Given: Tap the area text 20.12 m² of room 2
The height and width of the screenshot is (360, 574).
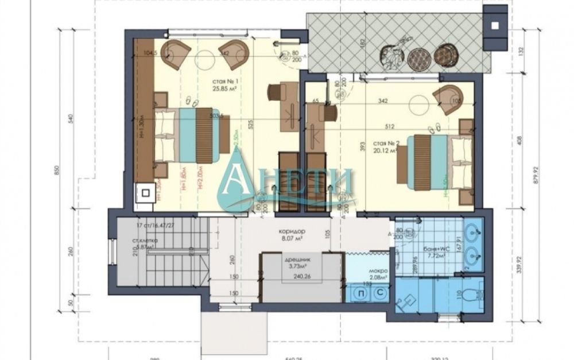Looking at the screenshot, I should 385,151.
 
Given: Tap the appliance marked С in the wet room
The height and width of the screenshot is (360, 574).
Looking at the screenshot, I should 379,292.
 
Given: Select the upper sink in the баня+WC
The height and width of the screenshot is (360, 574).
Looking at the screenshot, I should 474,233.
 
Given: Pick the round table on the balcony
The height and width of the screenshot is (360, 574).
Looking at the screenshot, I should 418,57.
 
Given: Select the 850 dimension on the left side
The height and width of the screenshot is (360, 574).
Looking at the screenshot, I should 56,172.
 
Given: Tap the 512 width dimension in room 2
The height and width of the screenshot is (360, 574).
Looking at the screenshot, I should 389,127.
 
